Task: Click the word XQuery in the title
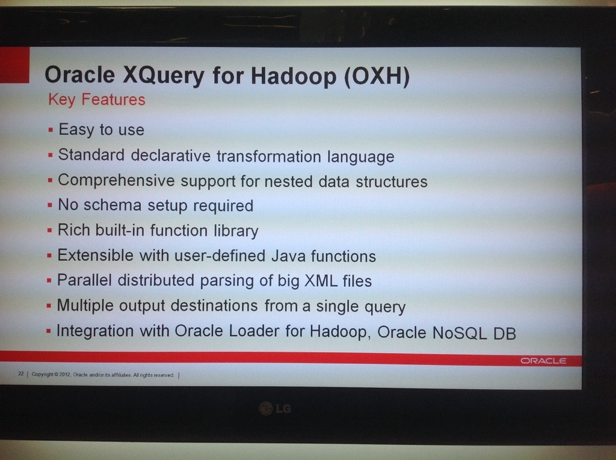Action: [x=163, y=75]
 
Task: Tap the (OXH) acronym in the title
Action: [x=377, y=76]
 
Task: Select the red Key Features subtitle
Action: [x=97, y=100]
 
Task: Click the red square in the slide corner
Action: [x=14, y=65]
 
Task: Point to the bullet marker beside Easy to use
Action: [x=51, y=130]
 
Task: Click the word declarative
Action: [x=170, y=156]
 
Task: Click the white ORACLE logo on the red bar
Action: [x=543, y=361]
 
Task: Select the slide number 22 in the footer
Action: [x=21, y=373]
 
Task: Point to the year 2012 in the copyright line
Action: [x=65, y=375]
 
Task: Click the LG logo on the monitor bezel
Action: [x=275, y=408]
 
